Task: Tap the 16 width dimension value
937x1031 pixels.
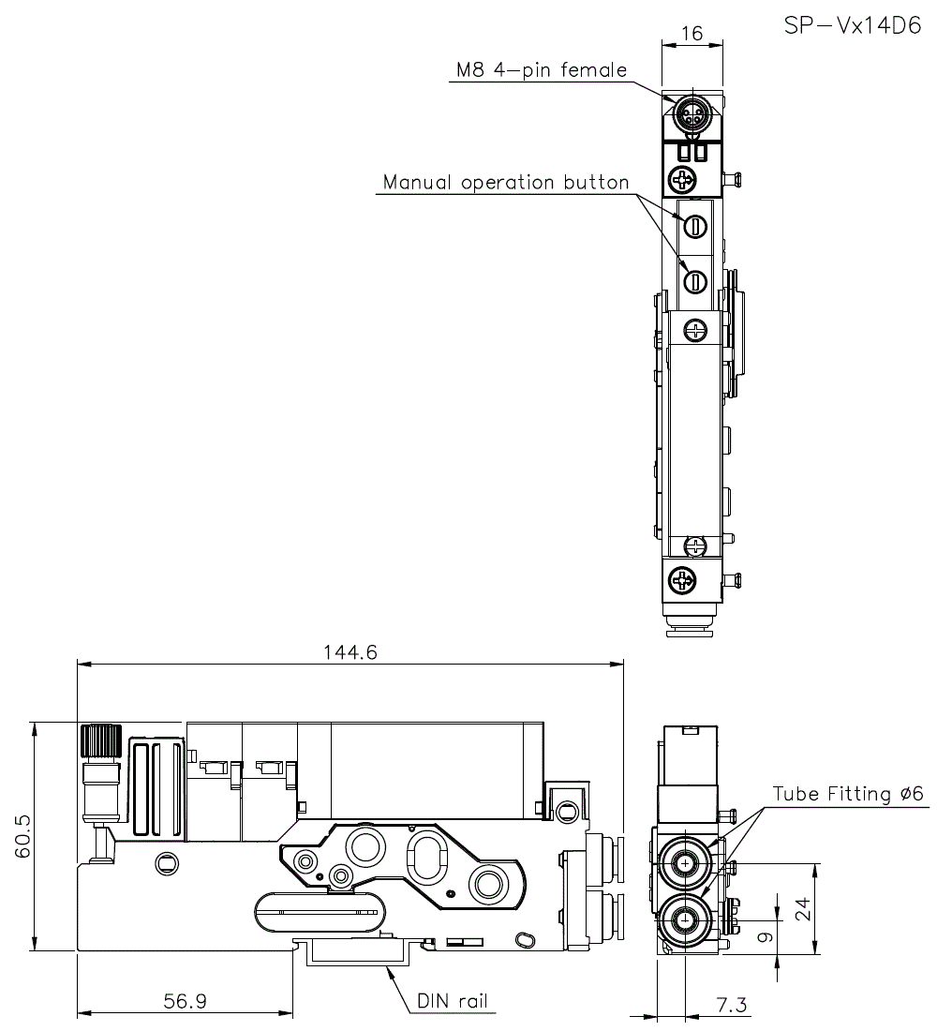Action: click(692, 35)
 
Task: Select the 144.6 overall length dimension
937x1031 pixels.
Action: click(350, 652)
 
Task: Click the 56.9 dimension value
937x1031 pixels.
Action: click(185, 1001)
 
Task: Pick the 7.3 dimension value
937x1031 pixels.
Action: click(731, 1005)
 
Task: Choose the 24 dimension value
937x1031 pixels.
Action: click(802, 908)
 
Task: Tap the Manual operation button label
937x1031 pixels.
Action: click(506, 182)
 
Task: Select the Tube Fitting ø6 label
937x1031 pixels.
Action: click(848, 794)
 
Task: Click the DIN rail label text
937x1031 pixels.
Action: click(453, 1001)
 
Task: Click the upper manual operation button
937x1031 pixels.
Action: click(695, 226)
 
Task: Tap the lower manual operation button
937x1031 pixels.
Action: click(695, 279)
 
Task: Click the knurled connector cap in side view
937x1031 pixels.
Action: click(100, 742)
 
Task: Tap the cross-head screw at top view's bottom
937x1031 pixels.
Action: click(683, 582)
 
